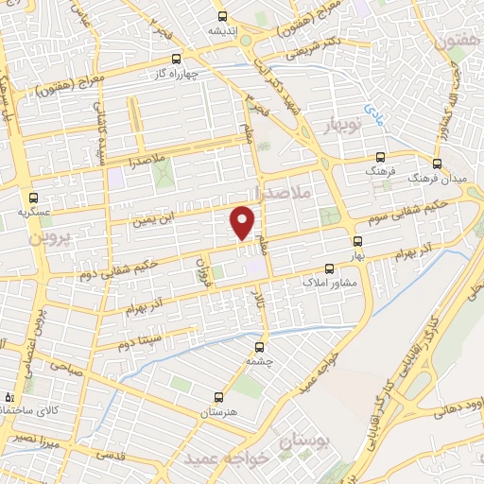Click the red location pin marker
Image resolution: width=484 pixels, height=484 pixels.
[x=243, y=222]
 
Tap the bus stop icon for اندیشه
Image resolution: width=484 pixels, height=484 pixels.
[x=222, y=16]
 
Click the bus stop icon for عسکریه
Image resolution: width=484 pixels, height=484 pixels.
[x=34, y=199]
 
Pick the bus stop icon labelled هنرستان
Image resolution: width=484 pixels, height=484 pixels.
[x=218, y=397]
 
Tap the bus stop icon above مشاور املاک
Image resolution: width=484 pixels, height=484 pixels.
[x=329, y=268]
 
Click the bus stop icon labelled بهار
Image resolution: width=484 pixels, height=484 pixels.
[x=356, y=241]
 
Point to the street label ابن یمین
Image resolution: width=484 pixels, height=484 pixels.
[x=152, y=223]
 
